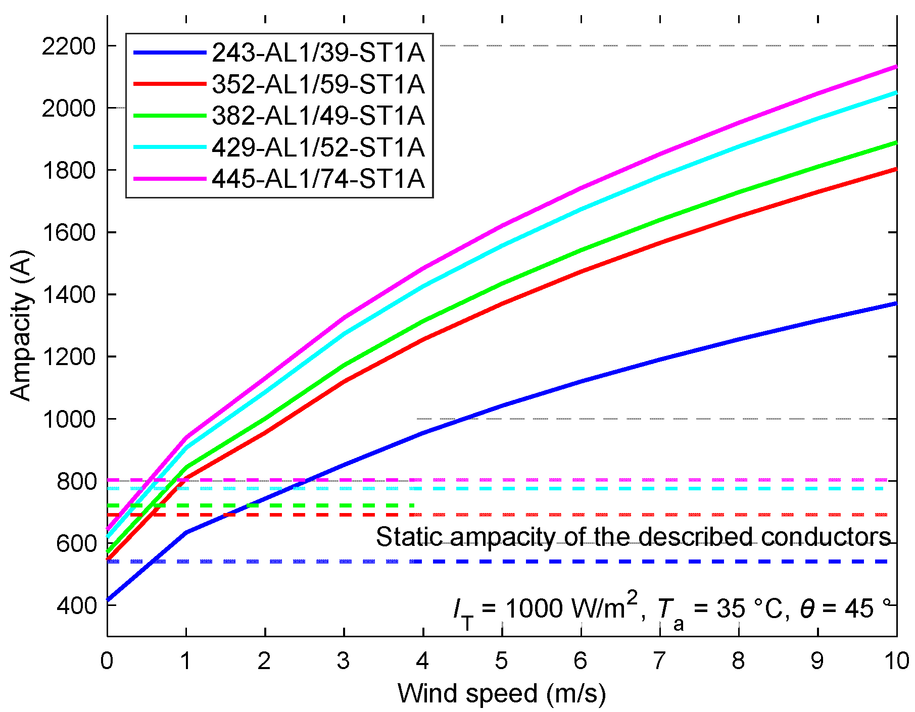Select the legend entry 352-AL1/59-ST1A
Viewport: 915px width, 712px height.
point(318,84)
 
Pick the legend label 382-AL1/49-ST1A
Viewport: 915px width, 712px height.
point(318,116)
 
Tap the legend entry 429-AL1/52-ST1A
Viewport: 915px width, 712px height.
point(318,147)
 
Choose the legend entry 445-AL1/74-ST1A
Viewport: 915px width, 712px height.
point(318,179)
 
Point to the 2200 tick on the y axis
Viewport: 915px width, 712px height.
point(68,46)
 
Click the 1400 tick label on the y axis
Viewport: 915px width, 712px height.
point(68,295)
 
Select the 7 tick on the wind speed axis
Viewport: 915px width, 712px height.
point(659,660)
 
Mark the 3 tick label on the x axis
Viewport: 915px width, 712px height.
point(344,660)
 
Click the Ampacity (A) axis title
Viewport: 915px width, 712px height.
point(21,326)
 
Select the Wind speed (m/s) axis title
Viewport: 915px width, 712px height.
point(501,693)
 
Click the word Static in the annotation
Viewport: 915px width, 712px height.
point(409,537)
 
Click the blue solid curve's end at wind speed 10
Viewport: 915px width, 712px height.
point(896,303)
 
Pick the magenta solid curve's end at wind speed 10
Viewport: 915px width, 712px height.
point(896,67)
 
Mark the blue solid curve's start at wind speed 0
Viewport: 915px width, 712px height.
point(108,600)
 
